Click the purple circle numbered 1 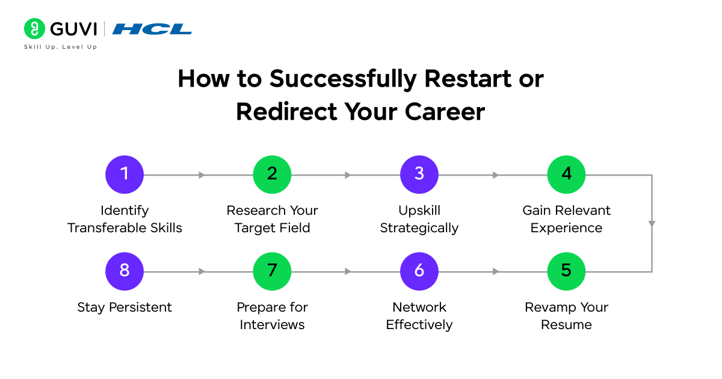tap(125, 175)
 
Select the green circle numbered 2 tap(272, 175)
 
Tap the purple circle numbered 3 tap(419, 175)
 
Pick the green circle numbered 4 tap(566, 175)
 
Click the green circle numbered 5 tap(566, 271)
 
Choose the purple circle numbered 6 tap(419, 271)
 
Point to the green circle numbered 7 tap(272, 271)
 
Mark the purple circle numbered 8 tap(125, 271)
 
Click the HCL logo tap(152, 29)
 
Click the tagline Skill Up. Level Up tap(60, 47)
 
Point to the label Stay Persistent tap(125, 307)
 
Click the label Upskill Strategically tap(419, 220)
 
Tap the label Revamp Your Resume tap(566, 316)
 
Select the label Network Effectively tap(419, 316)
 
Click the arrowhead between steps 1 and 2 tap(202, 175)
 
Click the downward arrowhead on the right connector tap(652, 224)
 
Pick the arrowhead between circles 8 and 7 tap(202, 271)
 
